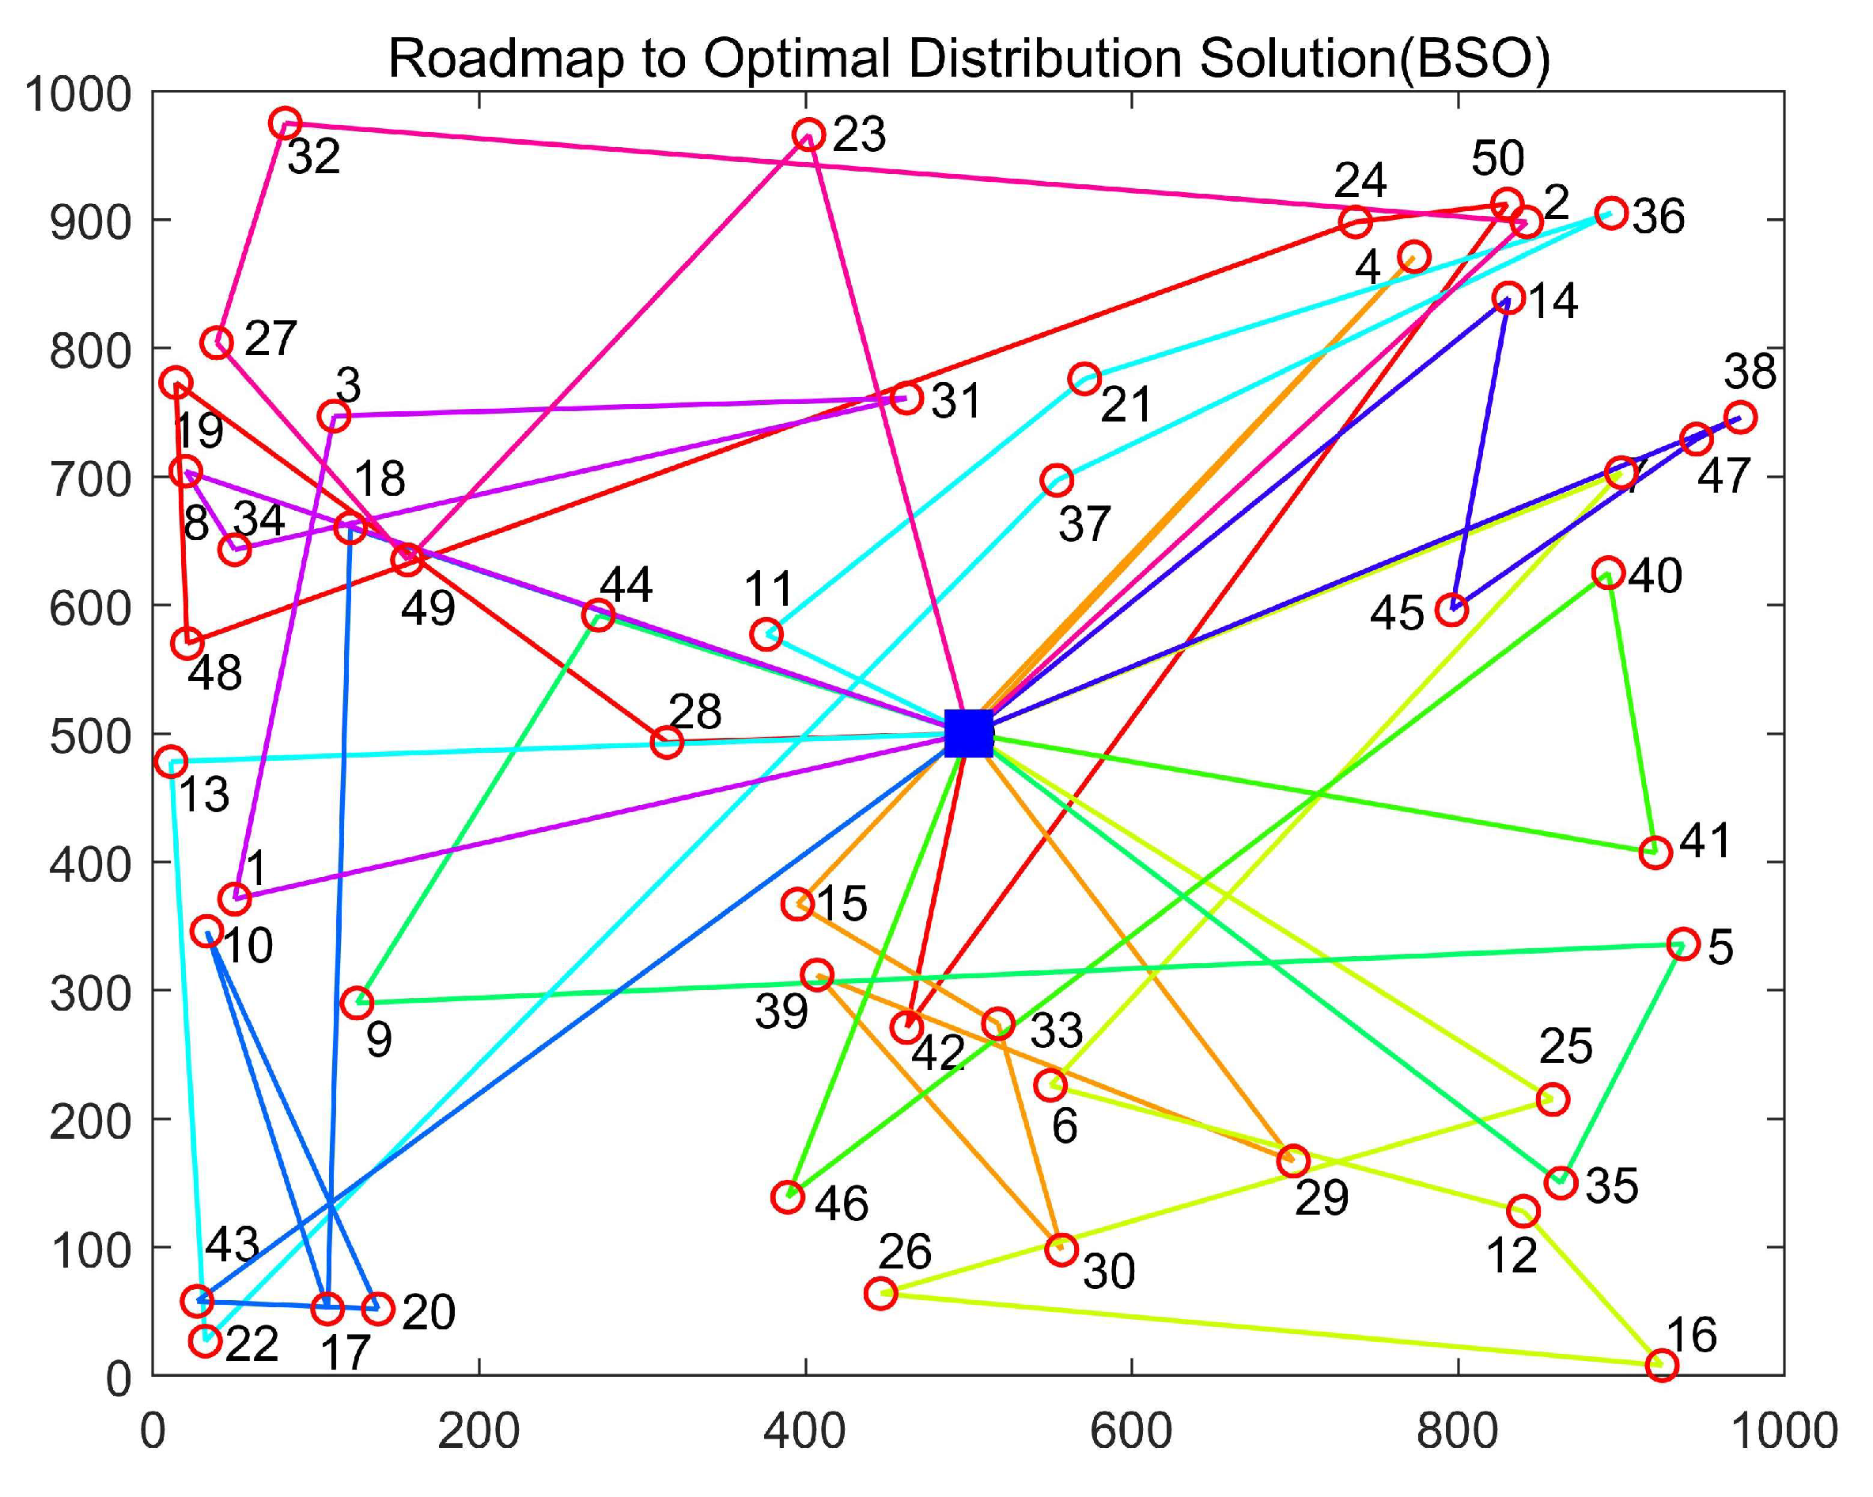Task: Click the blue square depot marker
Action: (x=968, y=734)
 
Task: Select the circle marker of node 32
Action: (x=285, y=123)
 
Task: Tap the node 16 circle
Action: (x=1662, y=1364)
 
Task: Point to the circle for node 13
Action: (x=171, y=762)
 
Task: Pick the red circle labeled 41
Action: (x=1655, y=852)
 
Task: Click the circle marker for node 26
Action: (x=881, y=1293)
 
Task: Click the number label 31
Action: (x=956, y=401)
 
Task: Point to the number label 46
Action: (x=842, y=1204)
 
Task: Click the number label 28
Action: (x=696, y=712)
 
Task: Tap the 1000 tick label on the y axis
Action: (x=78, y=94)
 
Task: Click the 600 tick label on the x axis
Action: (x=1131, y=1430)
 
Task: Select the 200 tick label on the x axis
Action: (x=479, y=1430)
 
